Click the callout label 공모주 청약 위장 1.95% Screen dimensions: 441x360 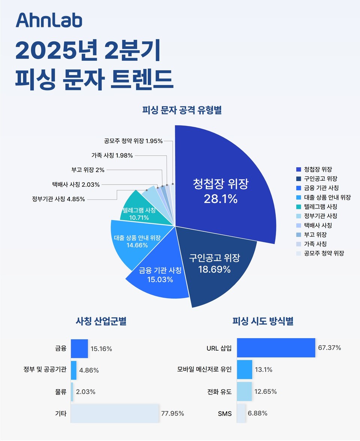coord(133,141)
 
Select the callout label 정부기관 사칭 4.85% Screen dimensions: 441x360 coord(58,199)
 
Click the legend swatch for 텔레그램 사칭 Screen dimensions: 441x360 coord(298,207)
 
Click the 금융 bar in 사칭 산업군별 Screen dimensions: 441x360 coord(79,348)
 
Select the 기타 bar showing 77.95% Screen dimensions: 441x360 coord(115,413)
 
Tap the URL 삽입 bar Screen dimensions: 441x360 coord(276,348)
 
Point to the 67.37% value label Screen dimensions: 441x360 coord(329,348)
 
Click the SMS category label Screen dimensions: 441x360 coord(225,414)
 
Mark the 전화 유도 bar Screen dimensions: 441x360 coord(244,392)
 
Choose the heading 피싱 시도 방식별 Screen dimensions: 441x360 coord(263,321)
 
